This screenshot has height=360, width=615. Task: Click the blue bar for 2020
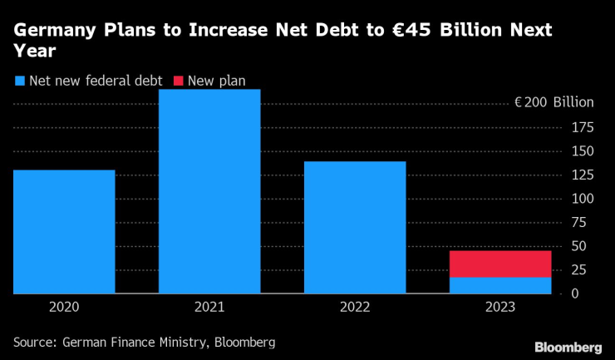64,231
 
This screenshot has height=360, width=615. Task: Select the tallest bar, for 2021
209,191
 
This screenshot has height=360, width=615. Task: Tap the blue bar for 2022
355,227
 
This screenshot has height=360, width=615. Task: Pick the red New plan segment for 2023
500,264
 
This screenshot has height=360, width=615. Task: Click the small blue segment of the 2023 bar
500,285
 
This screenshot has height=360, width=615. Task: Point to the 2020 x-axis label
64,308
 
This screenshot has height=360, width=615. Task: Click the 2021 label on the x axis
209,308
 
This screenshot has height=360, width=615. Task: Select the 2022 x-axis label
355,308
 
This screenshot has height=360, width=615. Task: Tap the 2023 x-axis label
500,308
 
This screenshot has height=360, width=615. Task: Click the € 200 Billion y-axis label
554,103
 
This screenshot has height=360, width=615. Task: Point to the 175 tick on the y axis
582,127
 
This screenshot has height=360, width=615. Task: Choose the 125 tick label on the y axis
582,175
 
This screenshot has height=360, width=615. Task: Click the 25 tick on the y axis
585,270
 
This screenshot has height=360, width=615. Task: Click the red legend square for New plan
179,81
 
